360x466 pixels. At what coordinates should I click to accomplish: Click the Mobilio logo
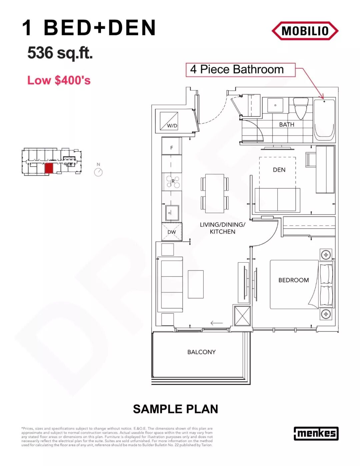tap(305, 31)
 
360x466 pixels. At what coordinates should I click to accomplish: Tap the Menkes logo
tap(316, 433)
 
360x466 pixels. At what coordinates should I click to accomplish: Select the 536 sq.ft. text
tap(60, 53)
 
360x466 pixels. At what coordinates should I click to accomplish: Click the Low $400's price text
tap(59, 80)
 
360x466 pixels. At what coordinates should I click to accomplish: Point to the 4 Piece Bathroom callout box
tap(240, 70)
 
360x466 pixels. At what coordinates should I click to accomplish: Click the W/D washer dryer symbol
tap(169, 121)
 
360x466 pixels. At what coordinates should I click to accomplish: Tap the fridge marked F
tap(171, 146)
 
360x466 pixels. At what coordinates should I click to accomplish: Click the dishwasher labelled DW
tap(172, 232)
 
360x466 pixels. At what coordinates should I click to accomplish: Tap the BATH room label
tap(287, 125)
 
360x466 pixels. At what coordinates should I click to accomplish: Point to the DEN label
tap(279, 170)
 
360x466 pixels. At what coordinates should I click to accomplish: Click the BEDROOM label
tap(294, 280)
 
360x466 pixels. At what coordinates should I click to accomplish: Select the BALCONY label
tap(201, 352)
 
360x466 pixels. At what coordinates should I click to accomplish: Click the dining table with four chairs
tap(215, 193)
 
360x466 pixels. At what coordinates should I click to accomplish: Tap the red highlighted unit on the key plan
tap(49, 168)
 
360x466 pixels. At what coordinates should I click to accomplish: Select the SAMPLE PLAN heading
tap(175, 409)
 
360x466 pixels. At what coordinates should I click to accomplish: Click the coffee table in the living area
tap(196, 284)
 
